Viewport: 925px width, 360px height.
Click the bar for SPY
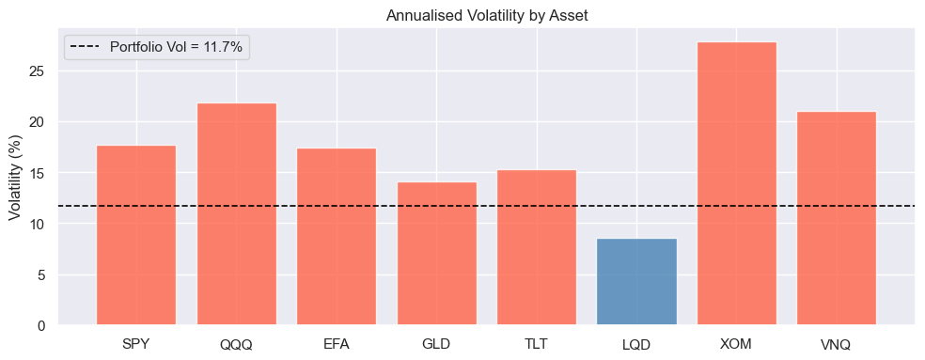136,235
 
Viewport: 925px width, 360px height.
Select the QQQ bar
236,214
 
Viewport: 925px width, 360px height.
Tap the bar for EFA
337,237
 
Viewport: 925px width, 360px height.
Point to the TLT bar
537,247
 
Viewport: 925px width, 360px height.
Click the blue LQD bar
636,282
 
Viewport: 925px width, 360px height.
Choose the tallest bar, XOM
737,183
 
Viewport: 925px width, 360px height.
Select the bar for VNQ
837,218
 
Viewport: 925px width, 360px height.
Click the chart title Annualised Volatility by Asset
486,14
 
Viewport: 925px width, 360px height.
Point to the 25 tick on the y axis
42,71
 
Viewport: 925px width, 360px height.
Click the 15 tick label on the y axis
42,173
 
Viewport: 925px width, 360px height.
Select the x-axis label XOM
737,344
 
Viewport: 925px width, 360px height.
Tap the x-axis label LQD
636,344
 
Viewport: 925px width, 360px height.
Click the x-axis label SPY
136,344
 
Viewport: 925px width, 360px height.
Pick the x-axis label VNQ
837,344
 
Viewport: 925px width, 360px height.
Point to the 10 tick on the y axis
42,224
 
